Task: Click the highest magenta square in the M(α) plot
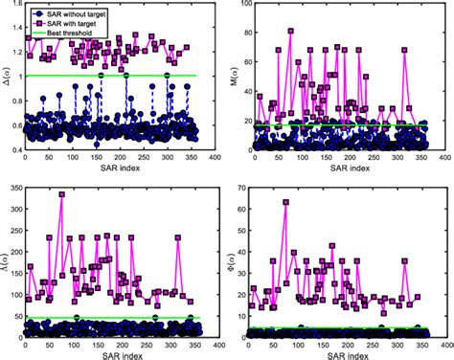point(291,31)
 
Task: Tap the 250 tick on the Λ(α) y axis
point(16,229)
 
